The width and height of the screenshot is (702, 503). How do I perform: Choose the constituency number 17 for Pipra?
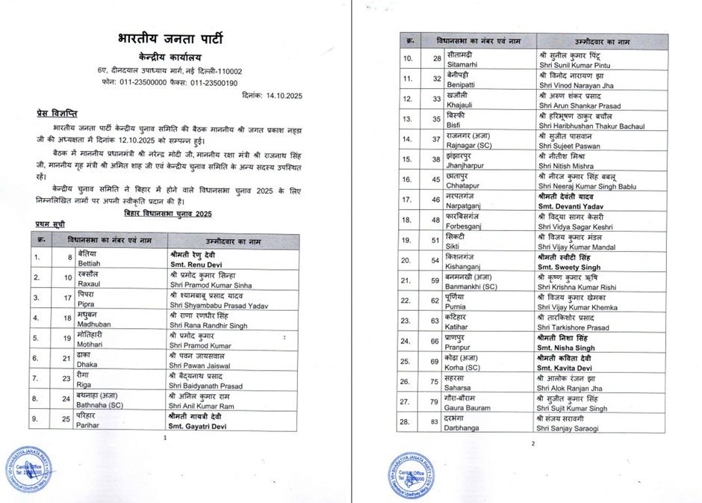click(x=57, y=301)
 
